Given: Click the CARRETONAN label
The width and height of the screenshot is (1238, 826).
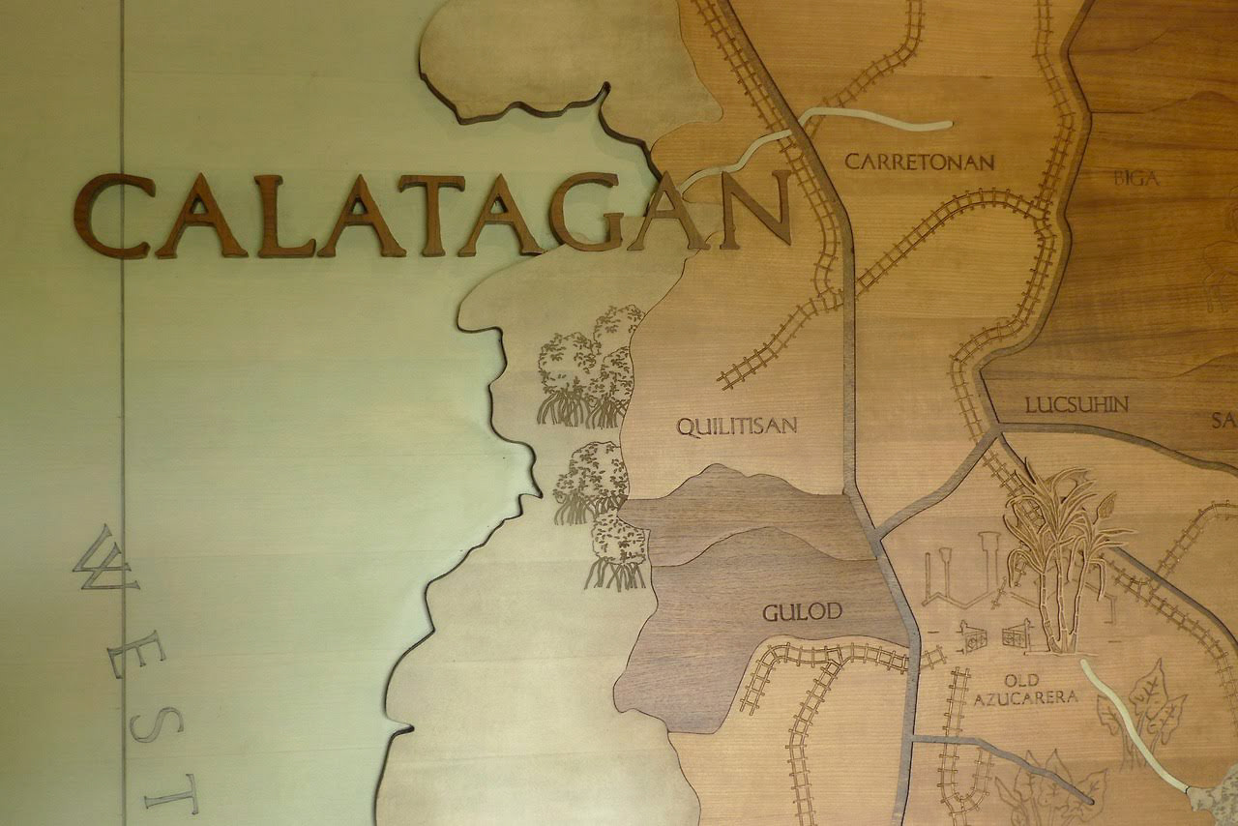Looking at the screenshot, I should click(919, 162).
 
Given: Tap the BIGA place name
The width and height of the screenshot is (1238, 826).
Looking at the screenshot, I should click(1135, 178).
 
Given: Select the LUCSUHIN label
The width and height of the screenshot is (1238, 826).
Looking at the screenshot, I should click(1076, 404).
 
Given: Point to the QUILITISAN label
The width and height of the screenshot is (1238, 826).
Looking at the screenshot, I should click(736, 426).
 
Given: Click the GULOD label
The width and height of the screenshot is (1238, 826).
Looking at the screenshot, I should click(802, 611).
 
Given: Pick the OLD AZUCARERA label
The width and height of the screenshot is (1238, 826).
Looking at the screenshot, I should click(1024, 689).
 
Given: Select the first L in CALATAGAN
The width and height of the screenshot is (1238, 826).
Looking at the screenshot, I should click(285, 216).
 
